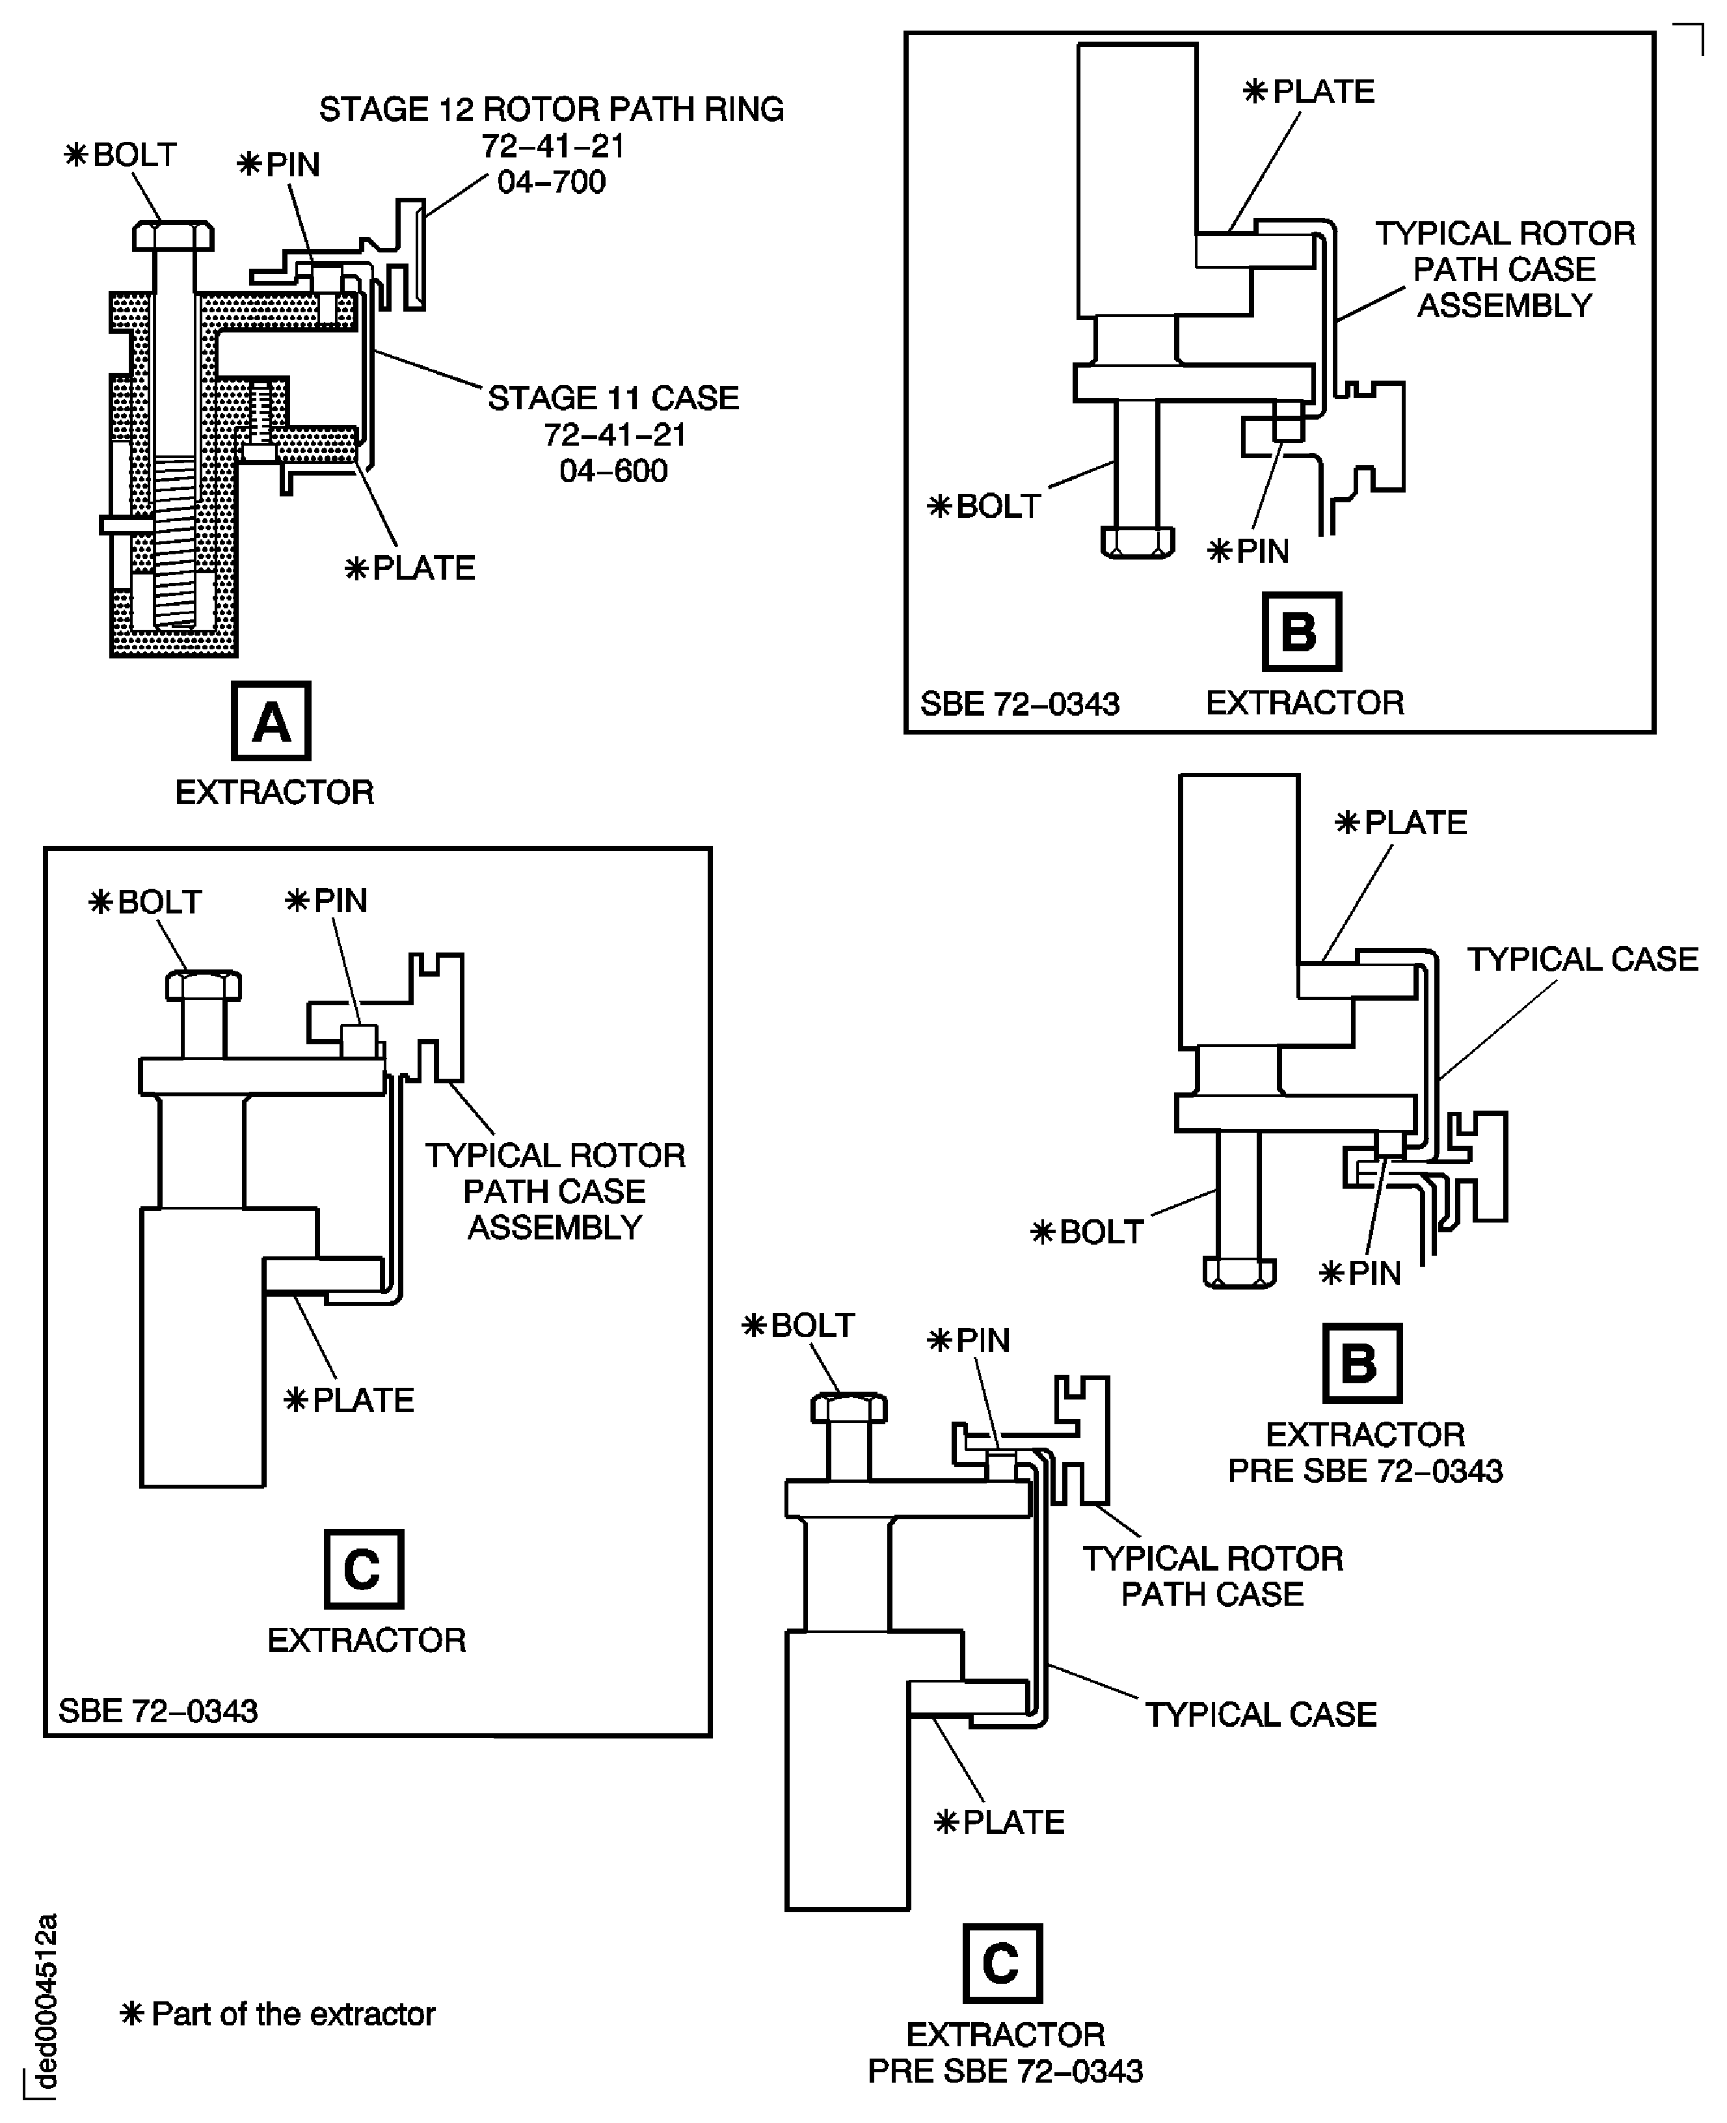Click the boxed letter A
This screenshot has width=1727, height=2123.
(x=271, y=720)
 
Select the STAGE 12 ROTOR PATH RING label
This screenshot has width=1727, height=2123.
(x=551, y=109)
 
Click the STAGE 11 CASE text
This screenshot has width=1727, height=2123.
(x=613, y=398)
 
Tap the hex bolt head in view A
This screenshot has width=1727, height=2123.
(x=173, y=236)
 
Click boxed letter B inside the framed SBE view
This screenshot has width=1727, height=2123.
(x=1301, y=632)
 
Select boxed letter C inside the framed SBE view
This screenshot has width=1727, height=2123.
(x=363, y=1569)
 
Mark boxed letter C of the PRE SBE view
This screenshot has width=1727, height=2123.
(x=1002, y=1963)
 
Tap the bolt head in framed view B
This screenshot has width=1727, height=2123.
(x=1137, y=542)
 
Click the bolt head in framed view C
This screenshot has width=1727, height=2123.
(x=203, y=985)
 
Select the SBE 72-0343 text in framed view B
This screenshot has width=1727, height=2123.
(x=1020, y=705)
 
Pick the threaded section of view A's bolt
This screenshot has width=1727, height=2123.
(x=176, y=537)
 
